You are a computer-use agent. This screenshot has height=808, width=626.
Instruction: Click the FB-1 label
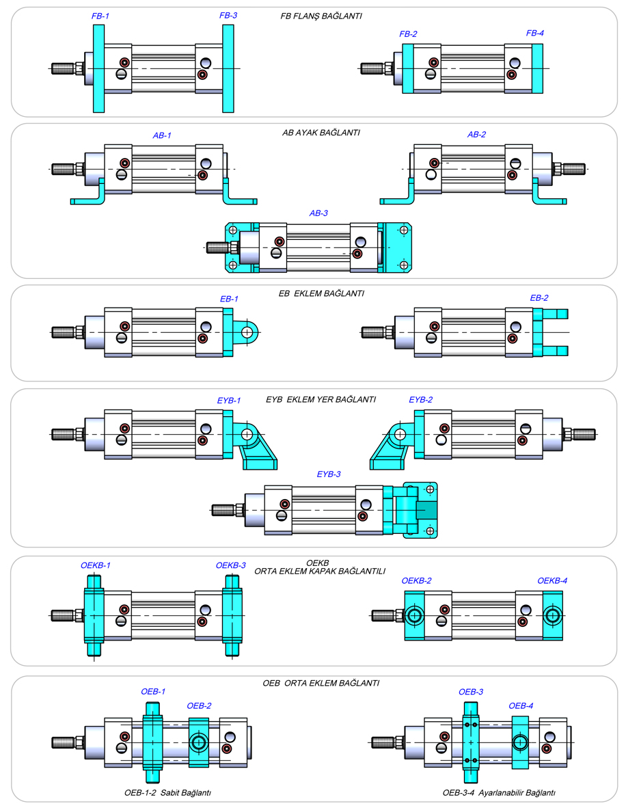100,15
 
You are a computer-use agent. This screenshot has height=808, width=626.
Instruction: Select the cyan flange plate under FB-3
228,68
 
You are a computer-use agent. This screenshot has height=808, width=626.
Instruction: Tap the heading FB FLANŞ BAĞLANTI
321,15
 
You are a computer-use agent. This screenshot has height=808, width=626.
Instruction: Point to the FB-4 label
535,33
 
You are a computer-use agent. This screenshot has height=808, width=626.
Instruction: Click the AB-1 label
162,135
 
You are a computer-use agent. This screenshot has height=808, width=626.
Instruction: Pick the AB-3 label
318,213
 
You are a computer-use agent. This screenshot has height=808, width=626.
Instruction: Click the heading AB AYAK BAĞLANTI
321,133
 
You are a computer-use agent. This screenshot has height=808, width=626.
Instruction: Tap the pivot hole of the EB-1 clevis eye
247,332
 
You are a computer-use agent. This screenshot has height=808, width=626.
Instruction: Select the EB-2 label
539,298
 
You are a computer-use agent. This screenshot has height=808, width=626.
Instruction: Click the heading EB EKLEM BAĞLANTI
322,293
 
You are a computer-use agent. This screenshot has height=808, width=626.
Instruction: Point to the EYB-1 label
229,400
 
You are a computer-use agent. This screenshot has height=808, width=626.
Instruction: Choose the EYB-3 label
329,474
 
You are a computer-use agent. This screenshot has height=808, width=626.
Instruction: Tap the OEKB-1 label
95,565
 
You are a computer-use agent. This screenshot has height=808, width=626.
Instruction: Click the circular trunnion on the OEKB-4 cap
552,615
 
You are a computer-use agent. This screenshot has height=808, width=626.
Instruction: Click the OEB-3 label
470,692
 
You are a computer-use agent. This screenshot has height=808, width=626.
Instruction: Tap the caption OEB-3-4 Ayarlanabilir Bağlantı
499,793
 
